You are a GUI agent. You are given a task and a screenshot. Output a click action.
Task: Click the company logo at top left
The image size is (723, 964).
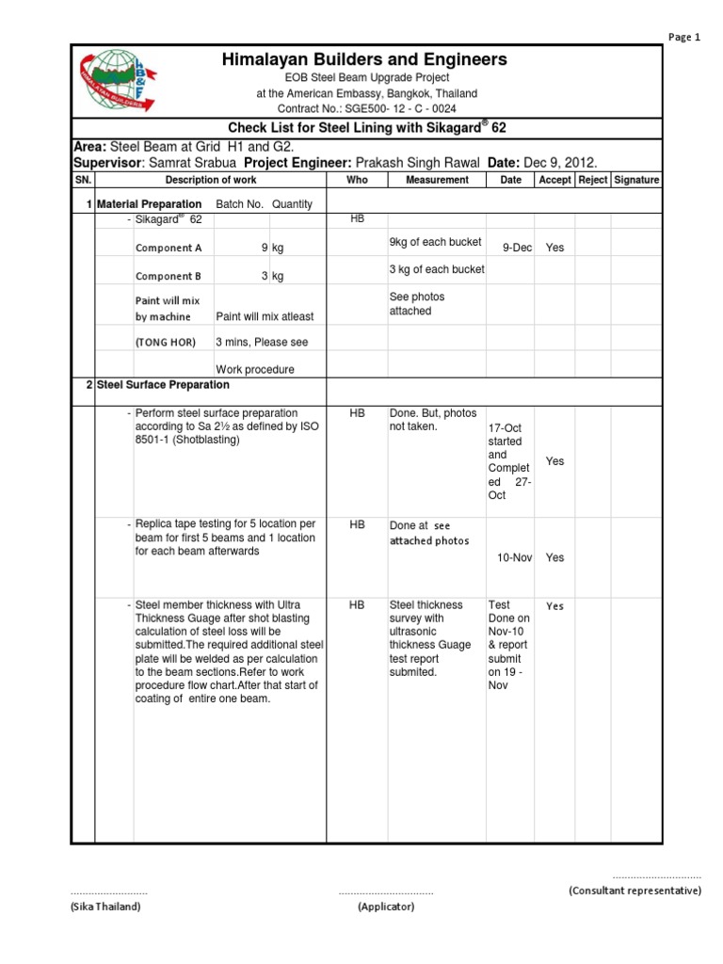[x=118, y=79]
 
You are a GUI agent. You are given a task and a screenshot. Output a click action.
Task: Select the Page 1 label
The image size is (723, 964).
[x=684, y=38]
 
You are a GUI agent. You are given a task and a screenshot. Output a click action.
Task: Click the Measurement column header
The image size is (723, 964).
[x=437, y=180]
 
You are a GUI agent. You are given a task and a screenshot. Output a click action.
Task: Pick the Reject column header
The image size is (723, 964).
[x=592, y=180]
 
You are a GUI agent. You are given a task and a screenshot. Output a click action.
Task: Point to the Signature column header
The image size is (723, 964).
[x=636, y=180]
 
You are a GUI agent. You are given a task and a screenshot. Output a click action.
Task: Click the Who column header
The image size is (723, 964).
[x=357, y=180]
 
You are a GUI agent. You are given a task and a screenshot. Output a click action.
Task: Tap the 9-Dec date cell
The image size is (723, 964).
[x=517, y=248]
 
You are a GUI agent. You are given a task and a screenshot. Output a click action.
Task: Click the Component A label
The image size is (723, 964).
[x=169, y=249]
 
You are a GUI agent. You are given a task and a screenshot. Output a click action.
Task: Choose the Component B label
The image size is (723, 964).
[x=169, y=277]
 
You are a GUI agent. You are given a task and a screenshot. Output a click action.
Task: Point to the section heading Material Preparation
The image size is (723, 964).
[x=149, y=204]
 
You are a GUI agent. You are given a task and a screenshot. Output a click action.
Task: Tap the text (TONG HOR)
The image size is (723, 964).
[x=166, y=343]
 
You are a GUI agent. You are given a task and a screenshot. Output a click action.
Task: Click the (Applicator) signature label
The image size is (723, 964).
[x=386, y=907]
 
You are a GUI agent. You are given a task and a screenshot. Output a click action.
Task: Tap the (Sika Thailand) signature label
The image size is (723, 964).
[x=105, y=907]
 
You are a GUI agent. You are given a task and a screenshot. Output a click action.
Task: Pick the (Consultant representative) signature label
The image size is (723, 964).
[x=635, y=890]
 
